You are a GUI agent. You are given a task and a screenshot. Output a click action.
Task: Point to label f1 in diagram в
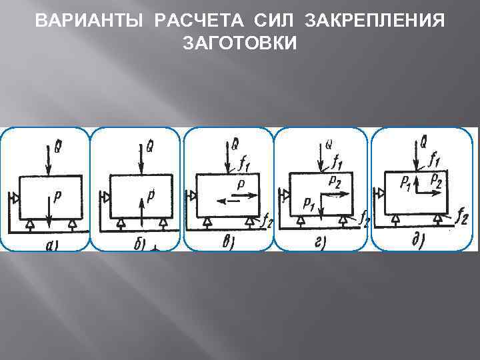(245, 162)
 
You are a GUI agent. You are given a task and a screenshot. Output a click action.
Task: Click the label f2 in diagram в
(267, 223)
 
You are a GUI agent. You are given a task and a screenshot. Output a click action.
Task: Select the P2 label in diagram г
(335, 179)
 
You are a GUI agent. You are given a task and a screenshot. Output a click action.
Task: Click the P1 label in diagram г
(308, 202)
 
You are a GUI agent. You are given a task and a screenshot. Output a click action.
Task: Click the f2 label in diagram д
(462, 214)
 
